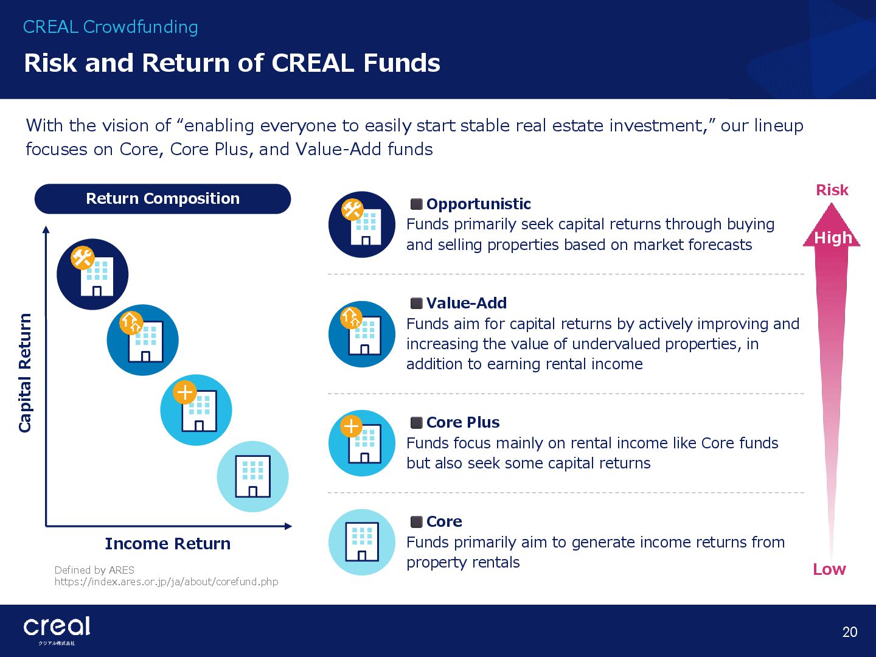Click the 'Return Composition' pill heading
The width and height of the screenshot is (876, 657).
pos(163,199)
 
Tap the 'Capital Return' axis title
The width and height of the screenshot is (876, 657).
pos(25,373)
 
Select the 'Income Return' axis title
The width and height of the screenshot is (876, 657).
pos(168,544)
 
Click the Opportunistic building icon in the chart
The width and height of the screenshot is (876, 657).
pos(92,274)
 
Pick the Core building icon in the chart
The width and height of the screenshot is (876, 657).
pos(252,476)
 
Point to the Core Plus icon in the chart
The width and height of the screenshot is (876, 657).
pos(196,409)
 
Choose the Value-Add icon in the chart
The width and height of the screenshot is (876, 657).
pos(142,340)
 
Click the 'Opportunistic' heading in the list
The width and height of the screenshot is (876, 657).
pos(478,204)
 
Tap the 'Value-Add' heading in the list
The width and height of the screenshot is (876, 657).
pos(466,303)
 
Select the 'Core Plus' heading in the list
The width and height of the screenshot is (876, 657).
pos(463,422)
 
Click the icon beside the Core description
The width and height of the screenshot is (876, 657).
pos(362,542)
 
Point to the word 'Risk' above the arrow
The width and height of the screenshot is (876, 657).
pos(832,190)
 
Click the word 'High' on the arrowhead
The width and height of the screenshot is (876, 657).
pos(833,238)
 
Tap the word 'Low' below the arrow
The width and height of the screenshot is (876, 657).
pos(829,569)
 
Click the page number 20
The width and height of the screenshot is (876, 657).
pos(850,632)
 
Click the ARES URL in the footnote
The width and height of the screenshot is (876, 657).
pos(167,582)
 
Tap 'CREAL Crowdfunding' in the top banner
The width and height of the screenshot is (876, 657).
pos(111,27)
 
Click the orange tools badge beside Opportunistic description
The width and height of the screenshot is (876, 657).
pos(352,209)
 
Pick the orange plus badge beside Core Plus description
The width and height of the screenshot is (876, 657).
pos(351,426)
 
